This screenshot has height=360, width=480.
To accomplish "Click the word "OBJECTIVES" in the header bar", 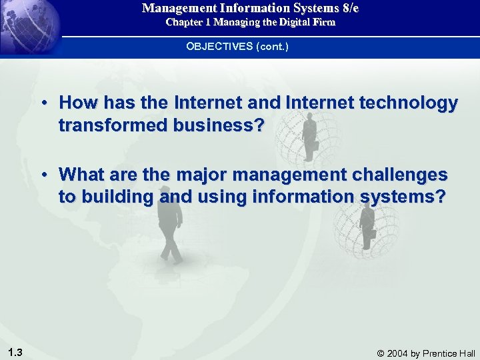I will coord(217,47).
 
